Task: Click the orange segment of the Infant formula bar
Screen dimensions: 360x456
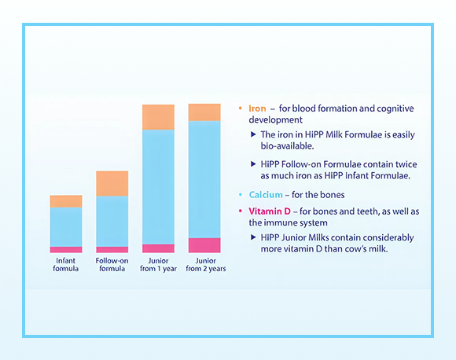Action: pyautogui.click(x=66, y=201)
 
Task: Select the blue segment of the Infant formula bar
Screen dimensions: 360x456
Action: pyautogui.click(x=66, y=227)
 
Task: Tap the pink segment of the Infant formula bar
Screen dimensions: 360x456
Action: pyautogui.click(x=66, y=249)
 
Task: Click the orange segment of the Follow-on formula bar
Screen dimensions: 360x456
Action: pyautogui.click(x=112, y=183)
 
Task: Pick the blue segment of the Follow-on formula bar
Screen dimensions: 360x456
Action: pyautogui.click(x=112, y=221)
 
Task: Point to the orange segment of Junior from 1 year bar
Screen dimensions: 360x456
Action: pyautogui.click(x=158, y=117)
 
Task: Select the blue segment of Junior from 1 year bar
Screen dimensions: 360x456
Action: pyautogui.click(x=158, y=186)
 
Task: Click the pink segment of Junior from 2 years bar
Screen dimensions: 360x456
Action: pyautogui.click(x=204, y=244)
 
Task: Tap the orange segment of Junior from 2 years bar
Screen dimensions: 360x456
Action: pyautogui.click(x=204, y=112)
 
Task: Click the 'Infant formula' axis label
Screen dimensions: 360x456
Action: pyautogui.click(x=66, y=264)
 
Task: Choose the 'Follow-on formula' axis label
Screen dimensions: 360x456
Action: pyautogui.click(x=112, y=264)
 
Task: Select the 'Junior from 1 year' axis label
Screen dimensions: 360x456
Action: pyautogui.click(x=158, y=264)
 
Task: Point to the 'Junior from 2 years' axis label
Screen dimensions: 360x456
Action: pyautogui.click(x=204, y=264)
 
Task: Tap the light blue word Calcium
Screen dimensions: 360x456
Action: pyautogui.click(x=266, y=194)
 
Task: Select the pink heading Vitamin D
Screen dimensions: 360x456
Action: pyautogui.click(x=271, y=211)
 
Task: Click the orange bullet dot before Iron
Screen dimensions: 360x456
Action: pyautogui.click(x=240, y=108)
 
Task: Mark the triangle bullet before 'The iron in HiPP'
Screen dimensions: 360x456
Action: pyautogui.click(x=252, y=134)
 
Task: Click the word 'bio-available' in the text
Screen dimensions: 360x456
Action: pyautogui.click(x=287, y=146)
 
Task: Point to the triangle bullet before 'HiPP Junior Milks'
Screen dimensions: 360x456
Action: pyautogui.click(x=252, y=237)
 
